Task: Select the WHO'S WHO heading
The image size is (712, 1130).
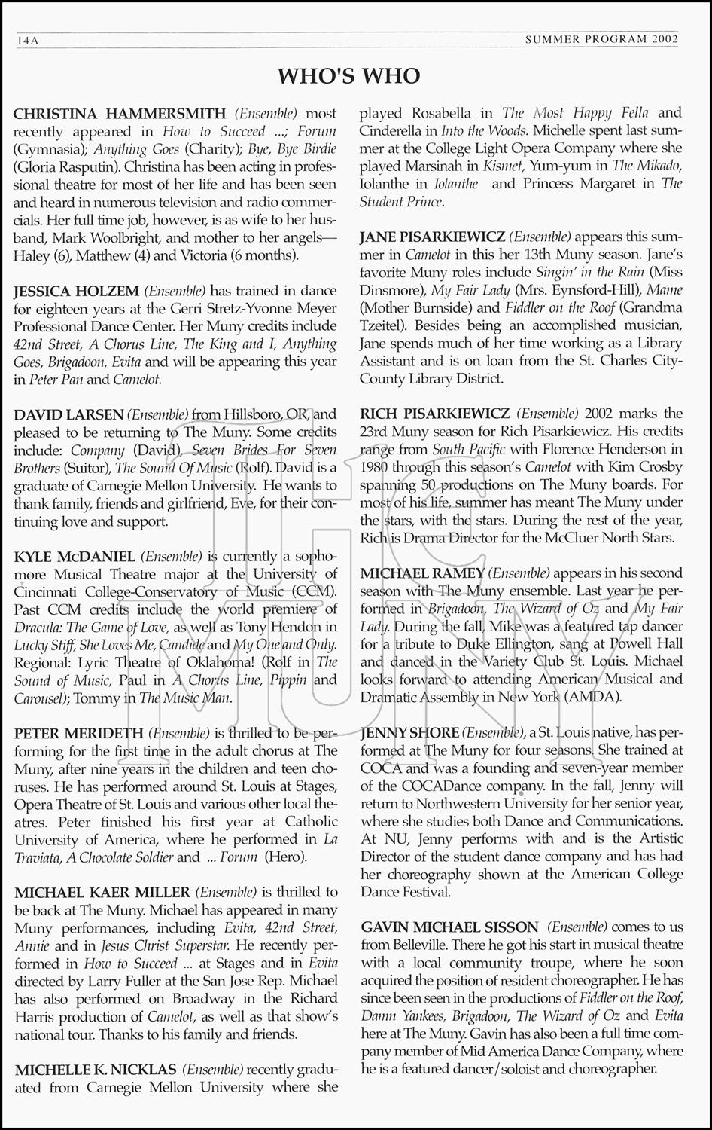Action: pos(348,76)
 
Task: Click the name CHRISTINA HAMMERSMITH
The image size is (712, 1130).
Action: pos(120,114)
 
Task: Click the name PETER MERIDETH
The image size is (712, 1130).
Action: pos(79,733)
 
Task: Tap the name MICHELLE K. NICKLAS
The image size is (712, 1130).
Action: pos(96,1069)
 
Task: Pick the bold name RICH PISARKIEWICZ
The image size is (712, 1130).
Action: pos(435,414)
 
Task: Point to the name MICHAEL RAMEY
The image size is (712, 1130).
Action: pos(422,573)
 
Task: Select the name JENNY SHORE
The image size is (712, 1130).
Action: pos(409,733)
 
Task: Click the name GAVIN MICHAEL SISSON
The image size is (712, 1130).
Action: pos(449,927)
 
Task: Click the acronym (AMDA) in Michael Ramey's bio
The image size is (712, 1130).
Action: pos(592,697)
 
